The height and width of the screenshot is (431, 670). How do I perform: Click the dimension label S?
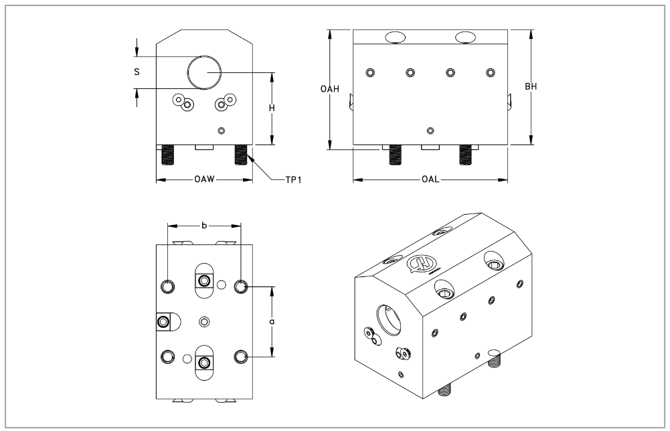click(137, 71)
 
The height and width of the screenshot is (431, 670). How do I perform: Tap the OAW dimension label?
click(204, 179)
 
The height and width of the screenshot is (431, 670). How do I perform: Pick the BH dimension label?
click(531, 87)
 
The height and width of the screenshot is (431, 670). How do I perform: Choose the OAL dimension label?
click(430, 179)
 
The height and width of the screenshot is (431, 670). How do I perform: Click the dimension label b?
click(203, 226)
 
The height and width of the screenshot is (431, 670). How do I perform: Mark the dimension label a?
click(272, 321)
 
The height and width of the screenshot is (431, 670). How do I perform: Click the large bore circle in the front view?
click(204, 72)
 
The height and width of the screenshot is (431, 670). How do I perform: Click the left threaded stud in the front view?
click(168, 156)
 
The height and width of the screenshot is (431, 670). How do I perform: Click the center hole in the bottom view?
click(204, 322)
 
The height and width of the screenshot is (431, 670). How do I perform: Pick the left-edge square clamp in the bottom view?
click(163, 323)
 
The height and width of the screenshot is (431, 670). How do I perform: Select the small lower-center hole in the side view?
click(430, 131)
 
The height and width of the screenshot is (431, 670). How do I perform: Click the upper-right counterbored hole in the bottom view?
click(242, 286)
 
